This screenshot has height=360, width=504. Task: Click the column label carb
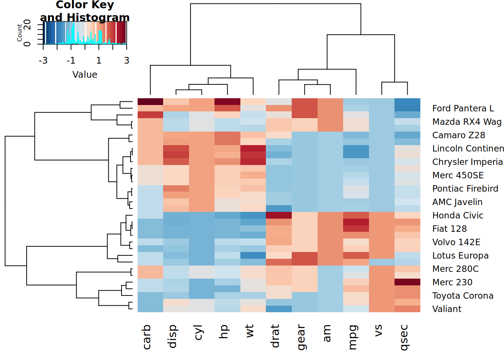point(147,337)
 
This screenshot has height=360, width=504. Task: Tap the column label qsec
point(403,337)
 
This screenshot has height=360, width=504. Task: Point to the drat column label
point(275,336)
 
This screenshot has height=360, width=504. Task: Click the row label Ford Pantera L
point(463,108)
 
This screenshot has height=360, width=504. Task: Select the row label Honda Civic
point(457,215)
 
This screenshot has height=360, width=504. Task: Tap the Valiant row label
point(447,309)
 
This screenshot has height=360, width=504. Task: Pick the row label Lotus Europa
point(460,255)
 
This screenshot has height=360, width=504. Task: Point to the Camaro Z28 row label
point(458,135)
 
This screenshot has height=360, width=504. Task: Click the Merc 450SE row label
point(457,175)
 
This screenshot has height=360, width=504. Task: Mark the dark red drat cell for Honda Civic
point(279,215)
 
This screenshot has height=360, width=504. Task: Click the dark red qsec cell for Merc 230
point(407,282)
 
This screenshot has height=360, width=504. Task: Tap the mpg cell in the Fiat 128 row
point(356,229)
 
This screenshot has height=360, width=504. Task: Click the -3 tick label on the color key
point(43,60)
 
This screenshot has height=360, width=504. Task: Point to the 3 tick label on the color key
point(127,60)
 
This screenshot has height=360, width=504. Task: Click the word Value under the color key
point(85,75)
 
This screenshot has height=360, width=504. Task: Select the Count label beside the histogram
point(19,33)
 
